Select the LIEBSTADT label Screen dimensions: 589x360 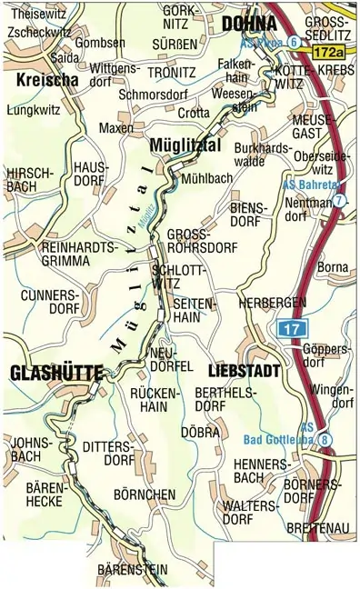click(x=241, y=371)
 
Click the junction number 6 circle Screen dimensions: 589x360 click(x=294, y=42)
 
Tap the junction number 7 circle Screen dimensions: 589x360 click(x=338, y=200)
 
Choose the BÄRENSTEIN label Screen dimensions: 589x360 click(x=132, y=570)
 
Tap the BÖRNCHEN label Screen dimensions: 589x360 click(x=143, y=494)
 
